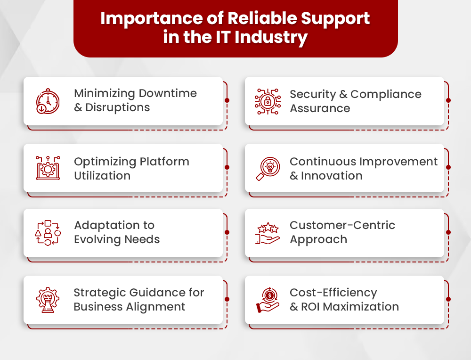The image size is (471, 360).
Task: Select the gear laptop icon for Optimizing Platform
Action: coord(48,168)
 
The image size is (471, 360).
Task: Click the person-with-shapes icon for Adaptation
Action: coord(48,232)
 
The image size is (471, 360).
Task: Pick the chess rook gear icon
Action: coord(48,300)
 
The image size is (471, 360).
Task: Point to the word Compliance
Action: coord(386,94)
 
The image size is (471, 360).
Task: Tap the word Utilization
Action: coord(102,176)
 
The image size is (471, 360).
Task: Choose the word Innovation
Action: coord(332,176)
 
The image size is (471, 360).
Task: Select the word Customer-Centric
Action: coord(342,225)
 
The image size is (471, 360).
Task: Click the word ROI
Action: coord(311,307)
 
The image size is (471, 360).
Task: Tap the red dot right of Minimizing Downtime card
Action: coord(227,100)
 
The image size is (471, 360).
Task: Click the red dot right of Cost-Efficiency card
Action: coord(448,299)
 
